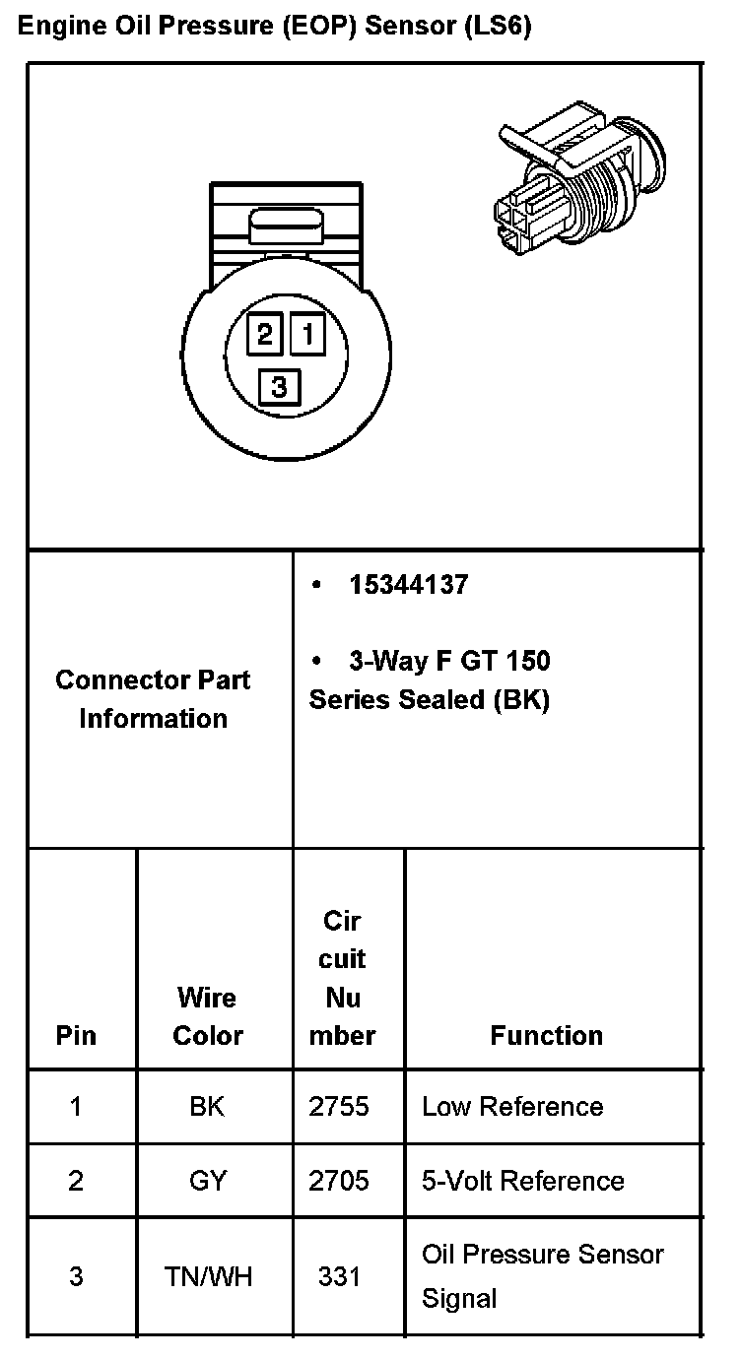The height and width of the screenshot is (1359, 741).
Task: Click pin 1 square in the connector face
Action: (x=307, y=335)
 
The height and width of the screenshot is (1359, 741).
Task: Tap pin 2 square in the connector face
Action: (x=264, y=335)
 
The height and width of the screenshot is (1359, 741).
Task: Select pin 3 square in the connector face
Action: (x=279, y=386)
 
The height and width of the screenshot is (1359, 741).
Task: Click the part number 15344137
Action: (x=408, y=585)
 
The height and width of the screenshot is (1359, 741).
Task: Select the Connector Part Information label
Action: (x=153, y=699)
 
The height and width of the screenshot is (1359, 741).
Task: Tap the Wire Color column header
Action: (x=207, y=1016)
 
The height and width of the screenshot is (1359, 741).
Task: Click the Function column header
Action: (x=547, y=1035)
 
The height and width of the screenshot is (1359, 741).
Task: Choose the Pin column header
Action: (x=77, y=1035)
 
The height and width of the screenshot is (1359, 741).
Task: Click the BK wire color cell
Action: (x=207, y=1107)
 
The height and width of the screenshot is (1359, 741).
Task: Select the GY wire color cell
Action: (x=207, y=1181)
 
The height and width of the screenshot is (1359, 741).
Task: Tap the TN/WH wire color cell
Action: (x=208, y=1277)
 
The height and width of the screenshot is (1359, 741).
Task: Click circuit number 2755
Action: (x=339, y=1107)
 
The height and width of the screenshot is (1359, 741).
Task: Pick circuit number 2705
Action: (x=339, y=1181)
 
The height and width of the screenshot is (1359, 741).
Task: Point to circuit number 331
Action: (x=339, y=1277)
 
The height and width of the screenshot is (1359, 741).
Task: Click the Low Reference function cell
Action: (x=512, y=1107)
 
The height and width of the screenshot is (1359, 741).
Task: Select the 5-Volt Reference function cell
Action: (x=523, y=1181)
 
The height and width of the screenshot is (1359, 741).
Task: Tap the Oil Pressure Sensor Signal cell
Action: (x=543, y=1276)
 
